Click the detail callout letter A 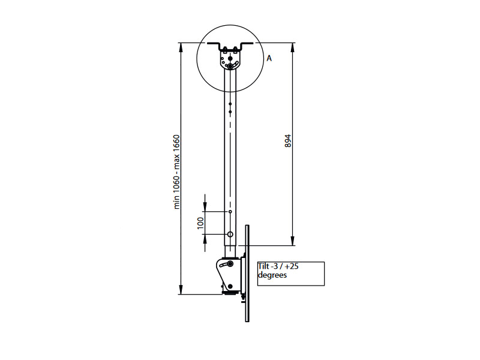click(x=269, y=59)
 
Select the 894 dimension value click(x=287, y=142)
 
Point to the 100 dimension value click(x=201, y=223)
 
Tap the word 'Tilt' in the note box click(x=263, y=267)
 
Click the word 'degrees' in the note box click(x=272, y=275)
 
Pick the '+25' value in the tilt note click(x=292, y=267)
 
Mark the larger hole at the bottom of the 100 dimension click(x=230, y=234)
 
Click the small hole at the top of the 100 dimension click(x=230, y=212)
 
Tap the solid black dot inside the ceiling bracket click(x=230, y=59)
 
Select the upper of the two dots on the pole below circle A click(x=230, y=104)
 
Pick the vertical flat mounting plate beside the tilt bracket click(x=246, y=273)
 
